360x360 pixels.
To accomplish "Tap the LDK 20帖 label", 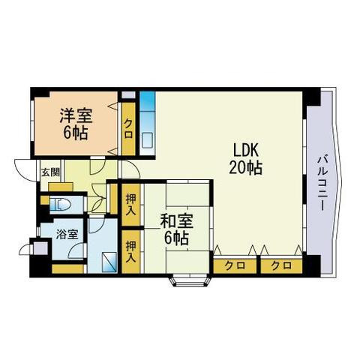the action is tap(245, 159).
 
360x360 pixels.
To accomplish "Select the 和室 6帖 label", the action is tap(176, 229).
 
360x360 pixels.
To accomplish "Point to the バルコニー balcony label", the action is tap(322, 182).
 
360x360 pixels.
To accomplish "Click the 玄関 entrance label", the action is tap(50, 172).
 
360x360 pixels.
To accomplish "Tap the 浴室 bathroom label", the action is tap(67, 234).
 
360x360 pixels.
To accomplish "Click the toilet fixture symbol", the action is tap(60, 205).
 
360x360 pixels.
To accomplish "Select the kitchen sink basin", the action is tap(147, 141).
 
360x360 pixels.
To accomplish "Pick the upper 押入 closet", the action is tap(131, 205).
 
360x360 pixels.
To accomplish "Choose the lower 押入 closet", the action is tap(131, 251).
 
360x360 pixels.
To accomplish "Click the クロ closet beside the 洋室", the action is tap(128, 128).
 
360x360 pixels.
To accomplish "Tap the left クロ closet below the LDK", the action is tap(235, 265).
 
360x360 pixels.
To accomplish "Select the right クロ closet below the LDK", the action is tap(281, 265).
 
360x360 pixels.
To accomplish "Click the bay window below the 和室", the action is tap(190, 282).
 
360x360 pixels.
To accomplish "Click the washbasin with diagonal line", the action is tap(109, 262).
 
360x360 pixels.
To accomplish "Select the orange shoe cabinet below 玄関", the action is tap(61, 187).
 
